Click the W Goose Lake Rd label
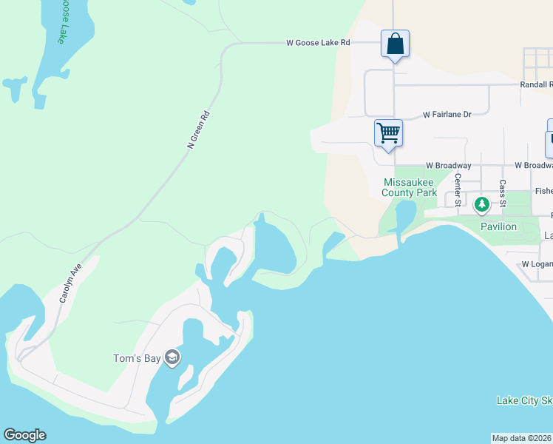(318, 43)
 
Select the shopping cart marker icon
(388, 133)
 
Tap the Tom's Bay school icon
(172, 358)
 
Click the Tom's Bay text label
(136, 359)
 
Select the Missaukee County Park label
(410, 187)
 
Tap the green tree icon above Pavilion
(482, 203)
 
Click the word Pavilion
(498, 226)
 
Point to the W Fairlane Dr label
(447, 115)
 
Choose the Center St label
(458, 189)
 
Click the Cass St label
(503, 192)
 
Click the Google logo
(24, 435)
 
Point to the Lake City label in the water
(524, 401)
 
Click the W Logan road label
(537, 264)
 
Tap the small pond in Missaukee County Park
(405, 215)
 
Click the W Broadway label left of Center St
(448, 166)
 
